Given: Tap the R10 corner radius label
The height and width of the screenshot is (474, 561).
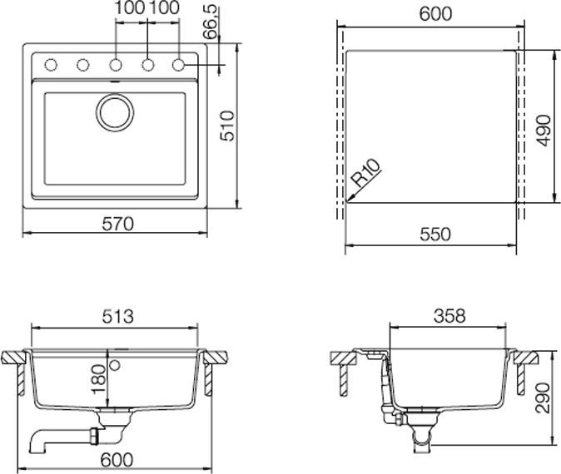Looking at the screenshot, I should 366,177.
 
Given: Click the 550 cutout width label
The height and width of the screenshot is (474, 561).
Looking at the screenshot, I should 434,235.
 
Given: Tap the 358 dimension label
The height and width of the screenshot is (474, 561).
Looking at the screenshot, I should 449,316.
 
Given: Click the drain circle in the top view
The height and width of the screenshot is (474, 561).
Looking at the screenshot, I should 114,112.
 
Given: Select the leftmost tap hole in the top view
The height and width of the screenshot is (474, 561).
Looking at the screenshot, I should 49,65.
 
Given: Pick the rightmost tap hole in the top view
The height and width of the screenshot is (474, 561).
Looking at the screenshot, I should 179,65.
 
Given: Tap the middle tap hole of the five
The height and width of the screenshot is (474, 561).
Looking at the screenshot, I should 114,65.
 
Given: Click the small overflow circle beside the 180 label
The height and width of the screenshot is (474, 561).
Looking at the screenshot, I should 115,366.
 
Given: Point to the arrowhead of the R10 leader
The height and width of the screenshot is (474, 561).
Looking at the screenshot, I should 349,198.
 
